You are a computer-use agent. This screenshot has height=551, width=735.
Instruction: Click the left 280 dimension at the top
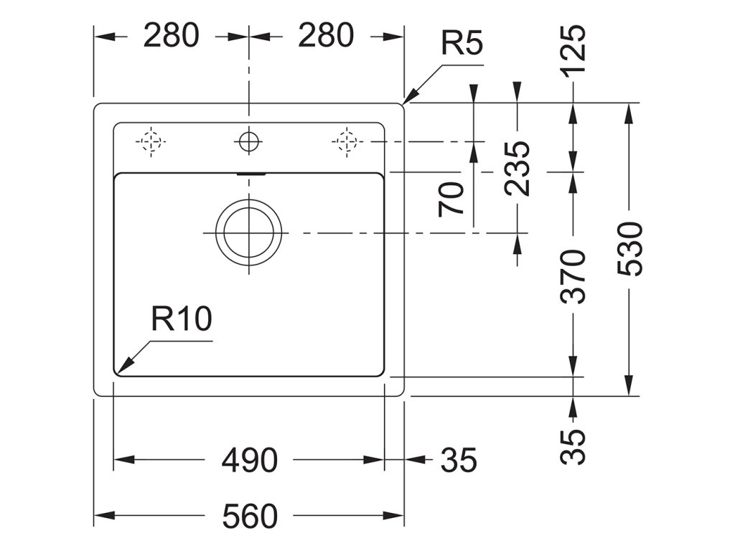[171, 36]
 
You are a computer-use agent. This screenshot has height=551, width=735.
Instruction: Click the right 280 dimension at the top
[326, 36]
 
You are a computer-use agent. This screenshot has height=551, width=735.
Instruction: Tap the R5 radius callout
[462, 44]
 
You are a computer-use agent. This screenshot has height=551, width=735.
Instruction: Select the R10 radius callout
[182, 319]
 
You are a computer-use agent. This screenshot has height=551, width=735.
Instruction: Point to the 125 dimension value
[574, 50]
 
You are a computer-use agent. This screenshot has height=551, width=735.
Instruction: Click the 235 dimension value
[517, 169]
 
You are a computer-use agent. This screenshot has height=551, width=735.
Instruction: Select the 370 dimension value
[574, 276]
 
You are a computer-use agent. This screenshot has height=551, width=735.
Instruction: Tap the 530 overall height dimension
[630, 249]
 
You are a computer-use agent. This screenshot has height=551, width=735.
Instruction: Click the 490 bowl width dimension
[249, 460]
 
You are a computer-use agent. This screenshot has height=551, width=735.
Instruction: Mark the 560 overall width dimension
[250, 517]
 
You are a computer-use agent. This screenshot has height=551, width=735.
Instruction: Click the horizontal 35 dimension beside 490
[459, 460]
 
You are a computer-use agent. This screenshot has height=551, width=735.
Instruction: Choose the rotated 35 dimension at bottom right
[574, 446]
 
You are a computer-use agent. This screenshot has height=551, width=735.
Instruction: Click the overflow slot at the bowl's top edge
[252, 174]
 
